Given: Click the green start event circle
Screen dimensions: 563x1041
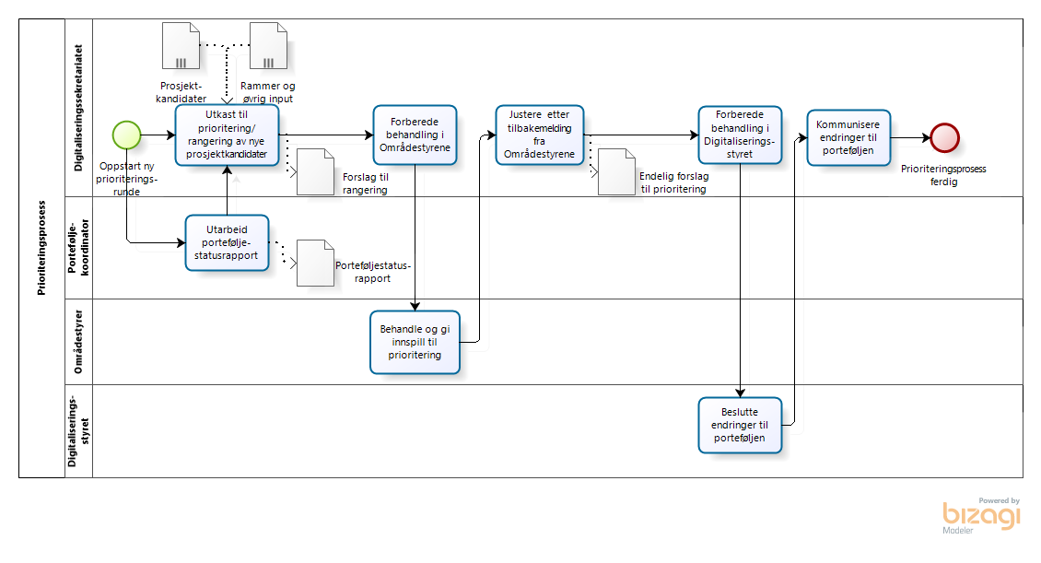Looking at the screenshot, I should pos(126,135).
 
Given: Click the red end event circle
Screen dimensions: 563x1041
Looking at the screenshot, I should pos(944,137).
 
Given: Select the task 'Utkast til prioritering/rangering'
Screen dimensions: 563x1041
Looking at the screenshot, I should pos(227,135).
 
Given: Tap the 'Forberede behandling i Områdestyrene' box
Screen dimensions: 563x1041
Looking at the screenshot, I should pos(415,135).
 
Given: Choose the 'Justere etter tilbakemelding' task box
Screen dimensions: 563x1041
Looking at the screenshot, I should pos(539,135).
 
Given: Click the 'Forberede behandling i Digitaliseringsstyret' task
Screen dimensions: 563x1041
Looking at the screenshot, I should pos(740,135).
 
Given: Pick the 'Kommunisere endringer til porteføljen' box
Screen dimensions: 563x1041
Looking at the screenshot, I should pos(848,137).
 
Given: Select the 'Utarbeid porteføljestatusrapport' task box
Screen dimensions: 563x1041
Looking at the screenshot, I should pos(227,242).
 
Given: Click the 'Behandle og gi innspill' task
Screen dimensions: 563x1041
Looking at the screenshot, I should pos(415,342).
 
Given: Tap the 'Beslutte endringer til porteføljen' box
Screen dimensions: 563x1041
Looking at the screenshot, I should pos(740,426).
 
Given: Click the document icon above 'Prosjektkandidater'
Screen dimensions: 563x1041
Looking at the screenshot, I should pos(181,46).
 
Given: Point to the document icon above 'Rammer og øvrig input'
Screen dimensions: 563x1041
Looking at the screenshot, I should pos(268,46).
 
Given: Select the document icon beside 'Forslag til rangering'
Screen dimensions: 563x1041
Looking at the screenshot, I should pos(314,171).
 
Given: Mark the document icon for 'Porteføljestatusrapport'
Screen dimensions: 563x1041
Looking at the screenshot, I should pos(314,263).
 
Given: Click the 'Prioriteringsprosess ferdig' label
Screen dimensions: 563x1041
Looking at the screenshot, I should pos(944,175).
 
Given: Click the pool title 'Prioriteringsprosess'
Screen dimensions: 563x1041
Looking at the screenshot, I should pos(41,248).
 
